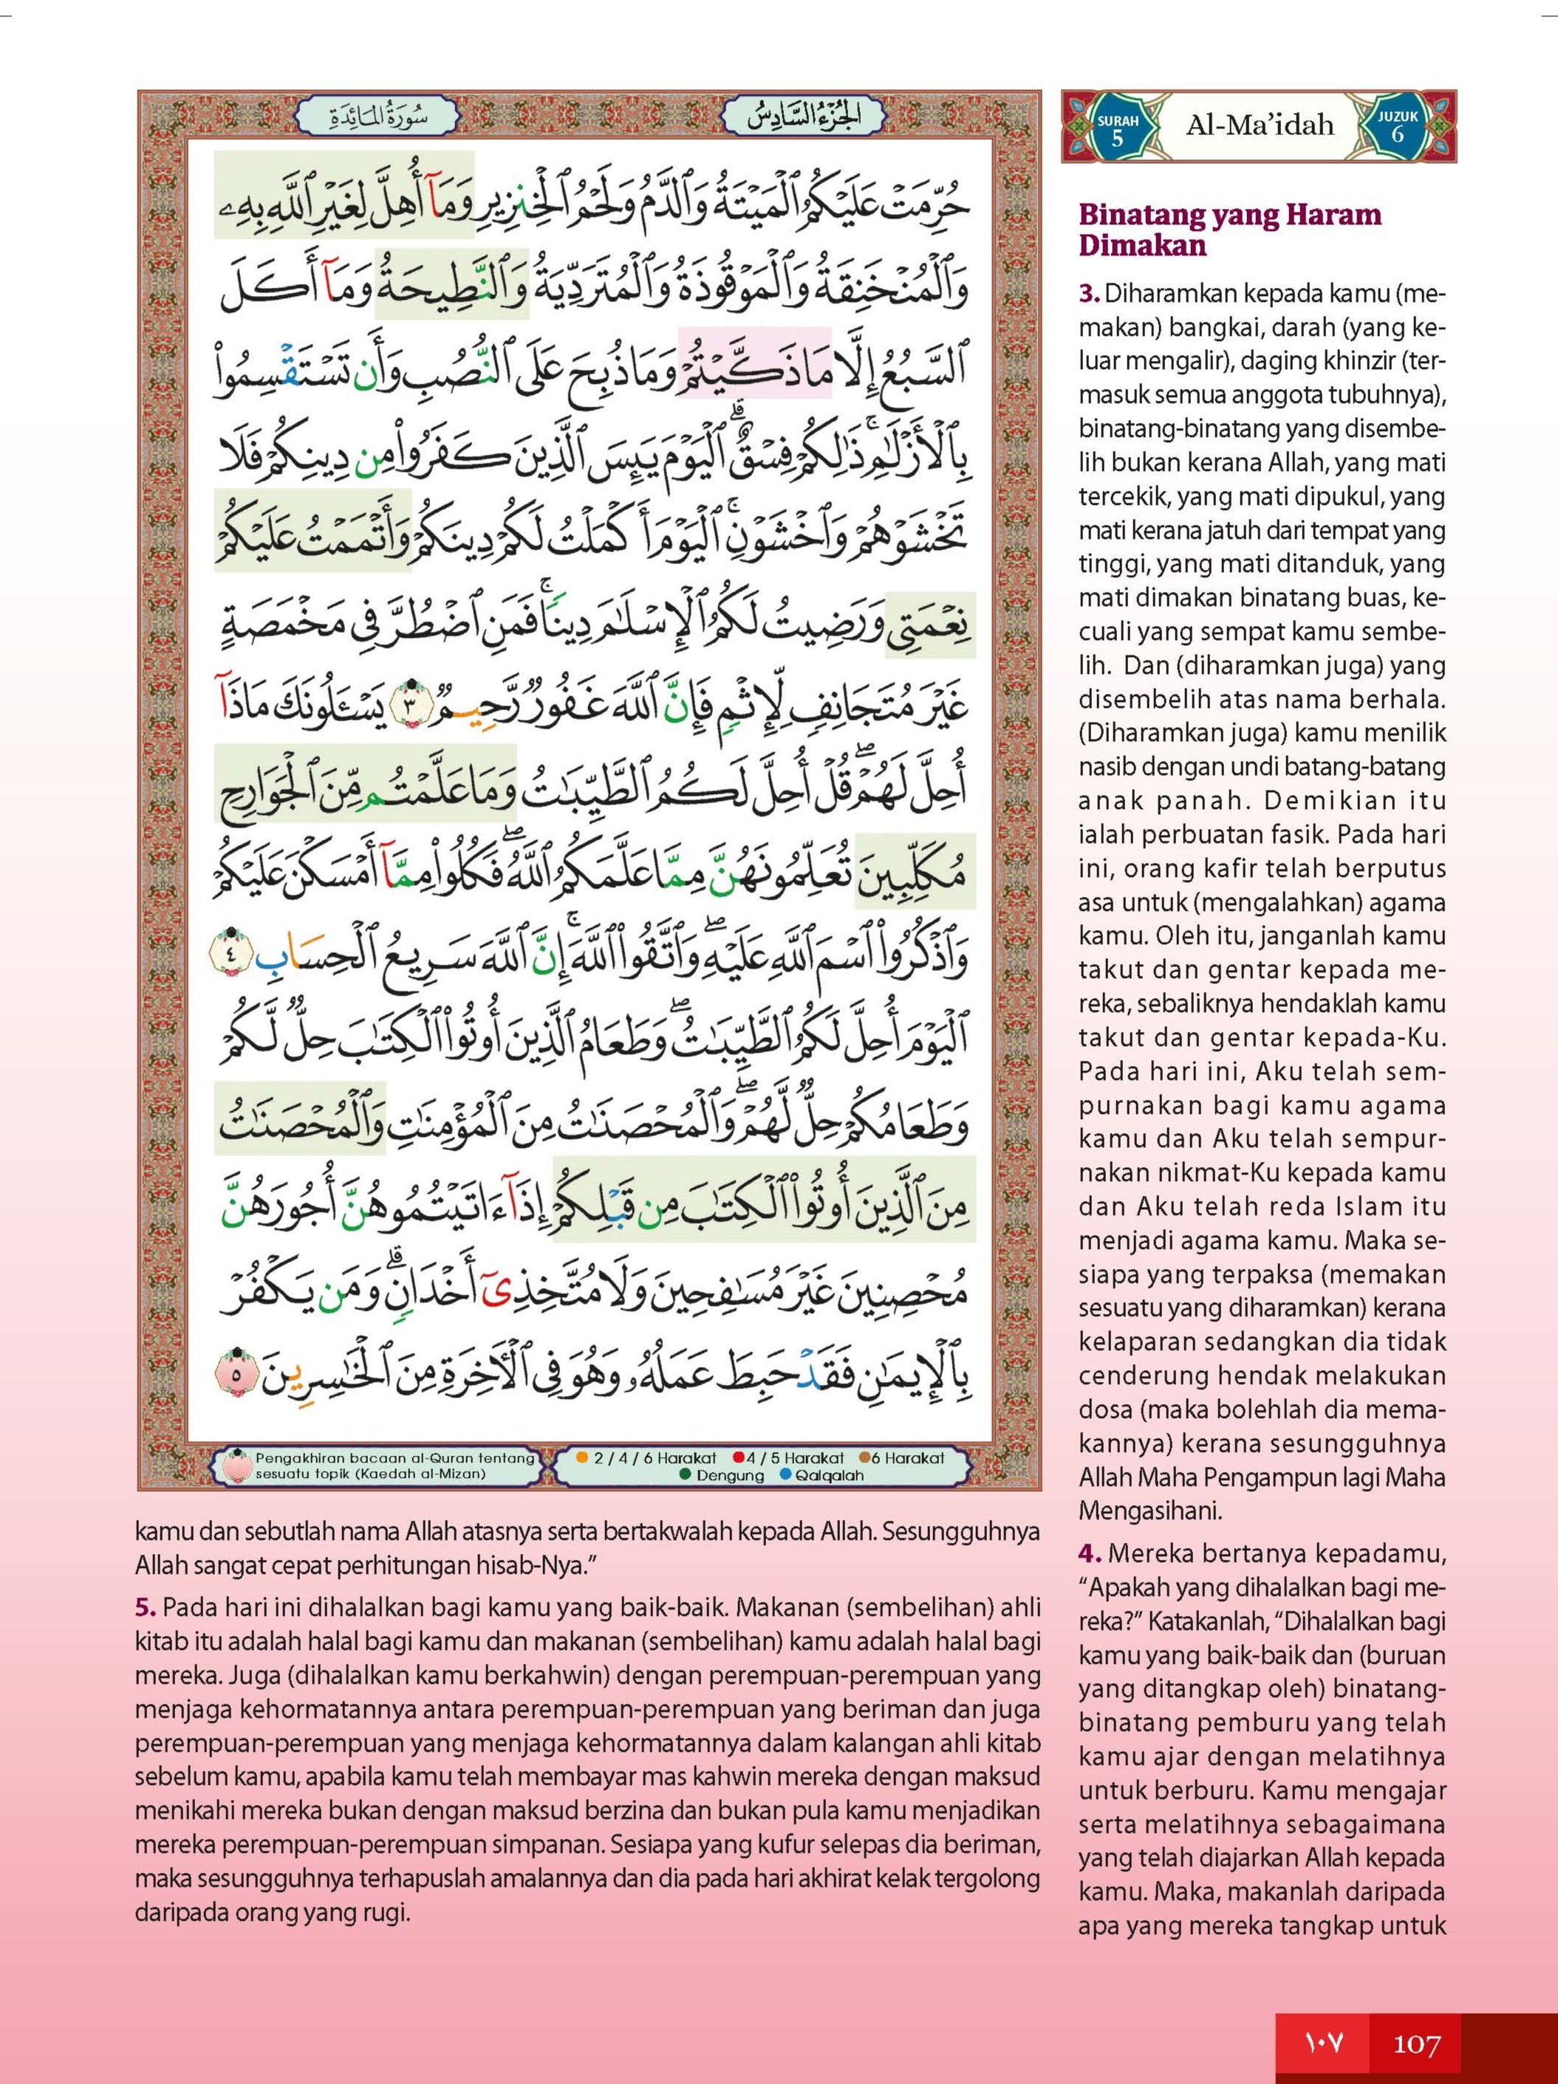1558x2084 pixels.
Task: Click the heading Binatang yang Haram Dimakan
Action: [x=1229, y=229]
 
